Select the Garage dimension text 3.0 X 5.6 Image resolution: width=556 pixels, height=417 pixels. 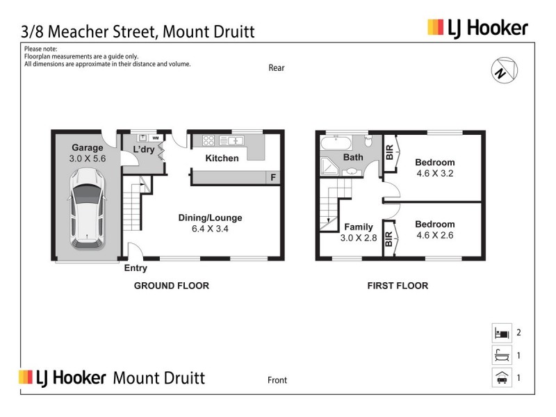click(x=88, y=158)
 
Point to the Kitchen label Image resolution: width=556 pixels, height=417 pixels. click(x=222, y=158)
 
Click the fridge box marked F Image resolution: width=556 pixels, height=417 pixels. click(x=274, y=177)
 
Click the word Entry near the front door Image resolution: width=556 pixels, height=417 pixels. click(x=136, y=268)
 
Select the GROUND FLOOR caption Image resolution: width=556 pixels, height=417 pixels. click(x=171, y=286)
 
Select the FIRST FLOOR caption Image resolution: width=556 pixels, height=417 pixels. click(x=398, y=286)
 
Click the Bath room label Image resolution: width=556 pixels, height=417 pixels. click(x=353, y=158)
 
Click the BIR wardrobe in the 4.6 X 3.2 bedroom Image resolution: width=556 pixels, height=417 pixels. click(x=389, y=153)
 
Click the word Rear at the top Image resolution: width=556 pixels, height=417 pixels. click(x=277, y=68)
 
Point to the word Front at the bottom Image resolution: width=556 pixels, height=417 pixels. click(x=277, y=380)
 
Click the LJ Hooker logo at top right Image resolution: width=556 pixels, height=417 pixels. click(x=477, y=28)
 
